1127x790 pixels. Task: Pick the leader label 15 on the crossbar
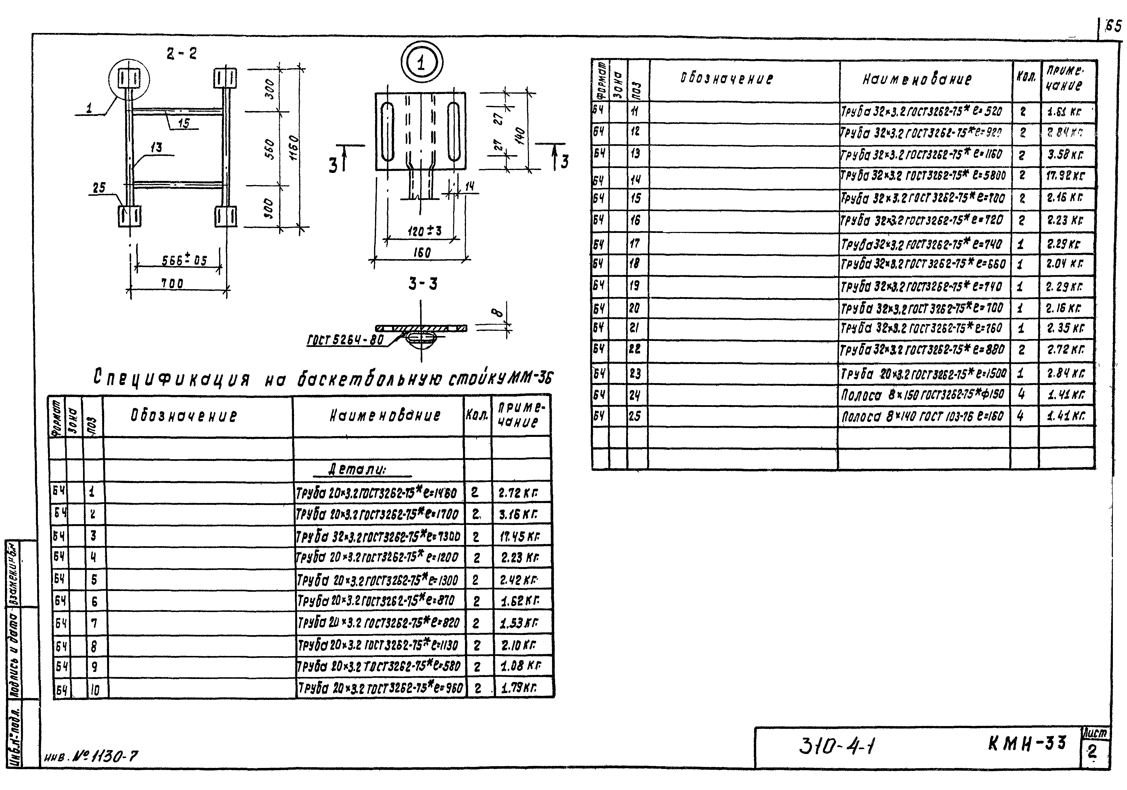(184, 123)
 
